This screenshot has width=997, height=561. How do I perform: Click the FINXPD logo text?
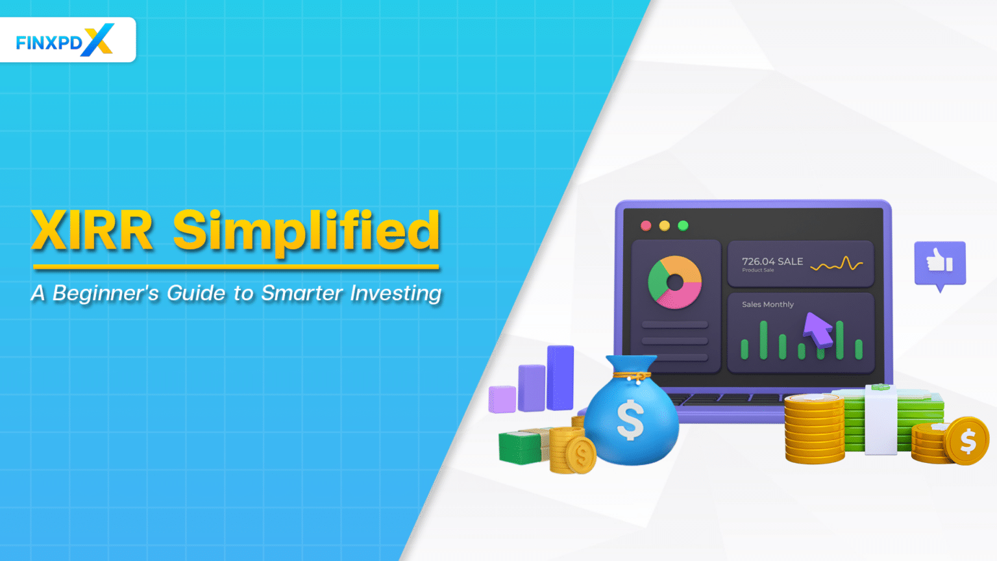pyautogui.click(x=49, y=43)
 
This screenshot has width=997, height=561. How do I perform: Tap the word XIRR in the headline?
pyautogui.click(x=92, y=231)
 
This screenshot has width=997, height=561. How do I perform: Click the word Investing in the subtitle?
pyautogui.click(x=396, y=293)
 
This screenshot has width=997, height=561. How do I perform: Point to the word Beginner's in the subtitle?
pyautogui.click(x=106, y=293)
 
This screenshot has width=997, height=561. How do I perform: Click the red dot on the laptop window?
pyautogui.click(x=646, y=225)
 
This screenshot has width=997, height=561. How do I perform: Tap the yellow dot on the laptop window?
pyautogui.click(x=664, y=225)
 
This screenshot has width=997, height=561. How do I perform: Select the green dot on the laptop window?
pyautogui.click(x=683, y=225)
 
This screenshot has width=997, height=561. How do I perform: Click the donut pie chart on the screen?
pyautogui.click(x=675, y=282)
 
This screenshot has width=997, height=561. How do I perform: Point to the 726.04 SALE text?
pyautogui.click(x=772, y=261)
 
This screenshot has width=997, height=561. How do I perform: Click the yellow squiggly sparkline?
pyautogui.click(x=837, y=264)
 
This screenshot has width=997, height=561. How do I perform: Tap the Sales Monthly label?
pyautogui.click(x=768, y=304)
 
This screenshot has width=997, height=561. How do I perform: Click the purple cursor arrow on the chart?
pyautogui.click(x=817, y=329)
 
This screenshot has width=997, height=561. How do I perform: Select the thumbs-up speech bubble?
pyautogui.click(x=939, y=263)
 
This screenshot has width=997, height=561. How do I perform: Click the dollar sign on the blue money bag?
pyautogui.click(x=630, y=419)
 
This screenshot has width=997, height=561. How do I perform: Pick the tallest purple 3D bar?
pyautogui.click(x=560, y=378)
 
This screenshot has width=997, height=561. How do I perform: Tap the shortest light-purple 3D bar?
pyautogui.click(x=502, y=399)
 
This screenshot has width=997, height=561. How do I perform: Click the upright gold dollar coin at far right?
pyautogui.click(x=967, y=442)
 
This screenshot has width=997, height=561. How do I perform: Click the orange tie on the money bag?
pyautogui.click(x=634, y=376)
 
